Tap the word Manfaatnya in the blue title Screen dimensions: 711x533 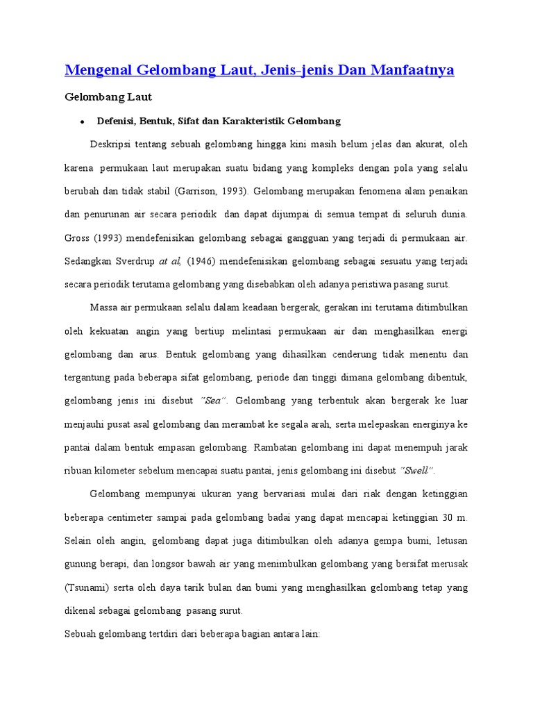(414, 70)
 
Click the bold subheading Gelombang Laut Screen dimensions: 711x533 (108, 97)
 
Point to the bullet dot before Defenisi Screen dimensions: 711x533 (82, 122)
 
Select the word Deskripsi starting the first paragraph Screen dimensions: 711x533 (111, 145)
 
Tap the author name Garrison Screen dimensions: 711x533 (201, 192)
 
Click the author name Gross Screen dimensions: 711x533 (78, 238)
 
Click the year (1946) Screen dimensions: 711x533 (201, 261)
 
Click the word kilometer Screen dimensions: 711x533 (116, 471)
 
